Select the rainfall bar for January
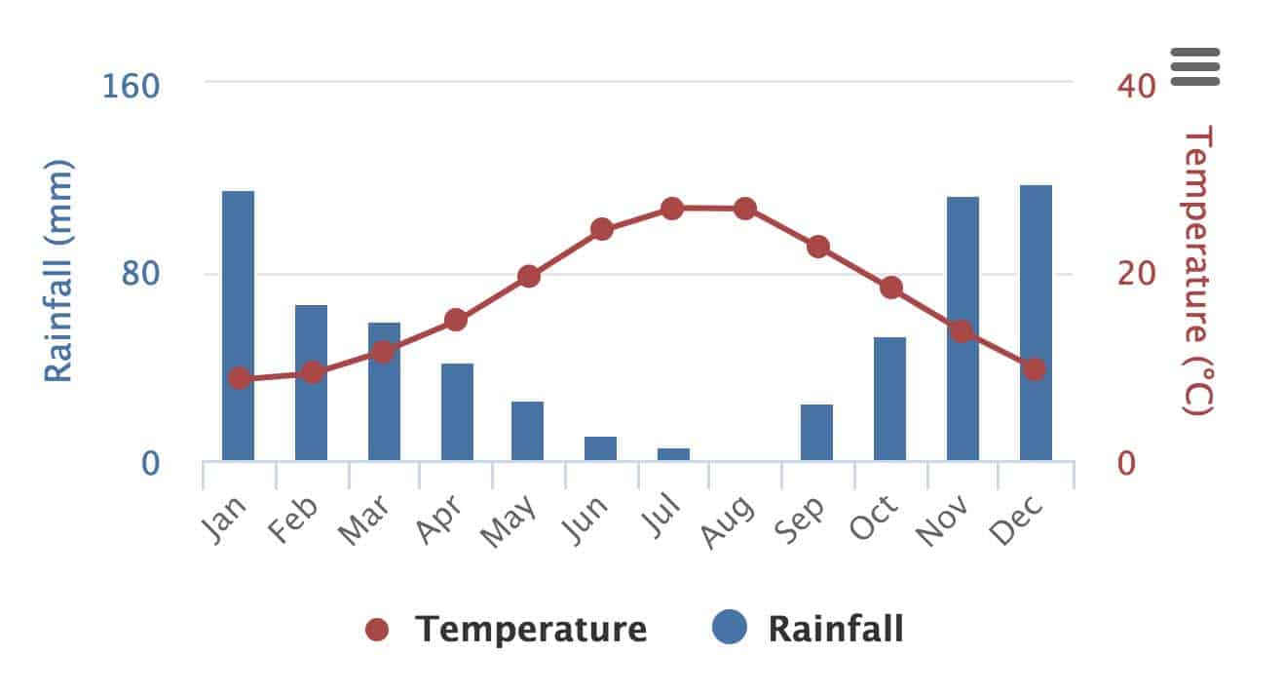tap(238, 326)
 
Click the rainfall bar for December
tap(1036, 323)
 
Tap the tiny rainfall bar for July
tap(673, 454)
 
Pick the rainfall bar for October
tap(889, 399)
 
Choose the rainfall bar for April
tap(457, 411)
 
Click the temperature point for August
tap(745, 209)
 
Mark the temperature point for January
tap(239, 378)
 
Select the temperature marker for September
tap(818, 247)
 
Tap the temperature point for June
tap(602, 230)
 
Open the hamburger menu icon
tap(1195, 66)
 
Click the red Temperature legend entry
tap(507, 630)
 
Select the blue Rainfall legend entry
tap(809, 629)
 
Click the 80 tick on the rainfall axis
tap(141, 274)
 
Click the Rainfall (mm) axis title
tap(59, 271)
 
